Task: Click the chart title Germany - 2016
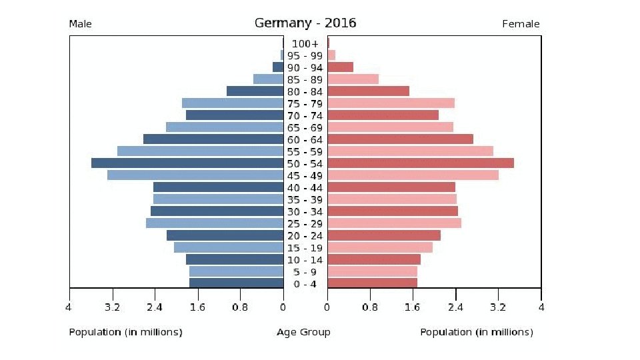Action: tap(305, 23)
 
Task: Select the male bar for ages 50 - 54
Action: tap(187, 163)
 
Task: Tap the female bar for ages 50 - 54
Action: tap(421, 163)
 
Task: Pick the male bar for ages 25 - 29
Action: tap(215, 223)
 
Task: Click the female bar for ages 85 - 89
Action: tap(353, 79)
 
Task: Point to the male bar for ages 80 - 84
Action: tap(255, 91)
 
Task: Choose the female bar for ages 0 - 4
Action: tap(373, 283)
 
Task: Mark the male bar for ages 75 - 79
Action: tap(233, 103)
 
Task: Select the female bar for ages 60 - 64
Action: tap(401, 139)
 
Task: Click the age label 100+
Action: tap(305, 44)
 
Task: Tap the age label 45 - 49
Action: tap(305, 176)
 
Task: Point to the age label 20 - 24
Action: tap(305, 236)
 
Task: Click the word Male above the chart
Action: tap(81, 25)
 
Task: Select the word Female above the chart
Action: tap(521, 25)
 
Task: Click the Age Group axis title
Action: tap(303, 332)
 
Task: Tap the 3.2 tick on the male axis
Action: tap(112, 308)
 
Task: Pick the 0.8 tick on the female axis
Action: tap(370, 308)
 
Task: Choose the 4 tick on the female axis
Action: tap(541, 308)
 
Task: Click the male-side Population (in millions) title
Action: tap(125, 332)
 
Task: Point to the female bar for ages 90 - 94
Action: tap(341, 67)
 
